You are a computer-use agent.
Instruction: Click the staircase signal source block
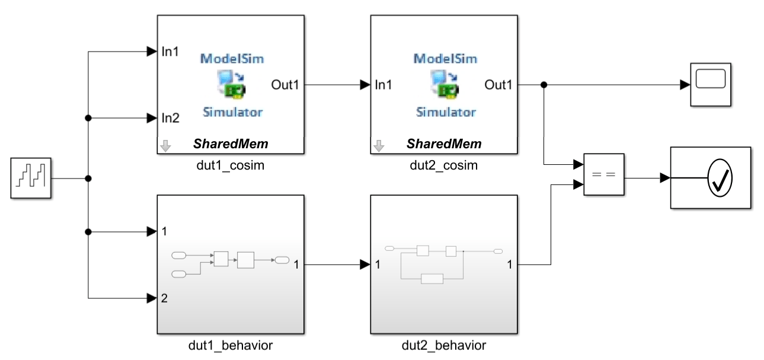31,177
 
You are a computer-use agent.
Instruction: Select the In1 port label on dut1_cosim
170,52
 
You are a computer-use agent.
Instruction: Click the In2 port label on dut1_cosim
170,118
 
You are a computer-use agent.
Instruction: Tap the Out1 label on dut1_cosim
285,85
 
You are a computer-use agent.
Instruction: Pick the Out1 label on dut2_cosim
498,85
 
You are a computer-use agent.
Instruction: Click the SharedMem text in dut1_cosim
231,144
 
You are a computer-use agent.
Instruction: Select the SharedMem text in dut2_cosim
444,144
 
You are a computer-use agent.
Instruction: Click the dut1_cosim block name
231,165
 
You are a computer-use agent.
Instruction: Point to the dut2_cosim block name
444,165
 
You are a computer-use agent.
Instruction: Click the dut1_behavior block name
231,345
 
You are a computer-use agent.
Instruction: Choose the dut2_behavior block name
444,345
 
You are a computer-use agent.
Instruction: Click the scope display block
710,85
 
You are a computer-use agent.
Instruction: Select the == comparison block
603,175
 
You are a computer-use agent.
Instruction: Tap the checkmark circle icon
721,178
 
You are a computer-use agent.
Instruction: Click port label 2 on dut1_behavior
164,298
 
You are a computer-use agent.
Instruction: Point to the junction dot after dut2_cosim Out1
544,85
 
